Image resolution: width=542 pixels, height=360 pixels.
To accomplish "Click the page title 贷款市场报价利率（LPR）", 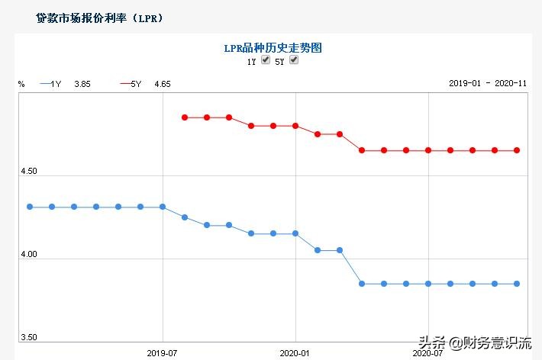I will click(x=99, y=18).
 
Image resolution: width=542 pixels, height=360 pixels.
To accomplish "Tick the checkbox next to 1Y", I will click(x=266, y=60).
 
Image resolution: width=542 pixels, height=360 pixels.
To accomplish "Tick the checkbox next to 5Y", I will click(x=294, y=60).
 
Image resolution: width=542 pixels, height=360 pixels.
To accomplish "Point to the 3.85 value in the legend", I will click(x=82, y=83).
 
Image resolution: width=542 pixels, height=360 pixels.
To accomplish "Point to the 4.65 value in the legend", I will click(x=163, y=83).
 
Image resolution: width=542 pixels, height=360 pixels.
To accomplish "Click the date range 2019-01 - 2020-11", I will click(x=487, y=83).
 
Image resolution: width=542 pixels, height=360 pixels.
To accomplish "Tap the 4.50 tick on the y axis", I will click(x=28, y=172).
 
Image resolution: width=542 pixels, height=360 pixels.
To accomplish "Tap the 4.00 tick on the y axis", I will click(x=28, y=254).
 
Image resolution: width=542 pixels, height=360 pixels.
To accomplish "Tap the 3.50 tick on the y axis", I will click(x=28, y=337).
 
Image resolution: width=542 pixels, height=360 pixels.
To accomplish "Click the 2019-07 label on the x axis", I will click(x=163, y=353).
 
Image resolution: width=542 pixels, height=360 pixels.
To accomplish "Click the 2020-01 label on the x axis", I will click(x=295, y=353).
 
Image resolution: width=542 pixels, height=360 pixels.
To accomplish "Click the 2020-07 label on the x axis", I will click(x=427, y=353).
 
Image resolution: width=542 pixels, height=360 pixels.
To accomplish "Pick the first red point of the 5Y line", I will click(x=185, y=117).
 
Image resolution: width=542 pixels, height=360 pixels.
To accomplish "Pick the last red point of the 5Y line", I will click(x=517, y=150).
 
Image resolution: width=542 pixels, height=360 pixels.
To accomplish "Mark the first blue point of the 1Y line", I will click(x=30, y=207).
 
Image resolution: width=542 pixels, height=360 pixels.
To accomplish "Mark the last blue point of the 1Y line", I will click(x=517, y=284).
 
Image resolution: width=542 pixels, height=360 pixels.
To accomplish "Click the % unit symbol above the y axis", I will click(x=21, y=83).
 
